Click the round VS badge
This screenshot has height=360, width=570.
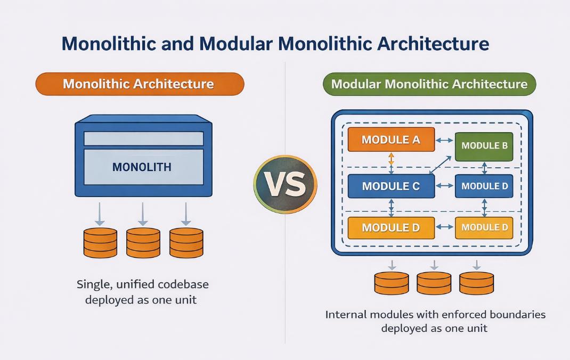coord(285,185)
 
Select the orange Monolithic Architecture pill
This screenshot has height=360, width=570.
coord(140,84)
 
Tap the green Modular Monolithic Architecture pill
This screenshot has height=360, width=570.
coord(429,84)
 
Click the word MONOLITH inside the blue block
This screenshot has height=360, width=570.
coord(142,167)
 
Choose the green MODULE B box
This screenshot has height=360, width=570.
coord(484,145)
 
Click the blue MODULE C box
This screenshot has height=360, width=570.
coord(391,186)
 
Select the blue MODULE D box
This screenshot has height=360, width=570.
coord(484,186)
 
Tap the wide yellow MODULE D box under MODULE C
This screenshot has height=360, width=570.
coord(391,228)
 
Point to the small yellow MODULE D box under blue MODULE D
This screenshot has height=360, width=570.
coord(484,228)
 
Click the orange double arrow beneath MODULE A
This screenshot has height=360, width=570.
coord(391,158)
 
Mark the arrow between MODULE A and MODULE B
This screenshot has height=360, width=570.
coord(444,141)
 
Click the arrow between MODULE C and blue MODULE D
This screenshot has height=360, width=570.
coord(444,186)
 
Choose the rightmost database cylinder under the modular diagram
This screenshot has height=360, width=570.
coord(476,283)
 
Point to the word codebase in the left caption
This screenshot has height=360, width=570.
coord(181,284)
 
